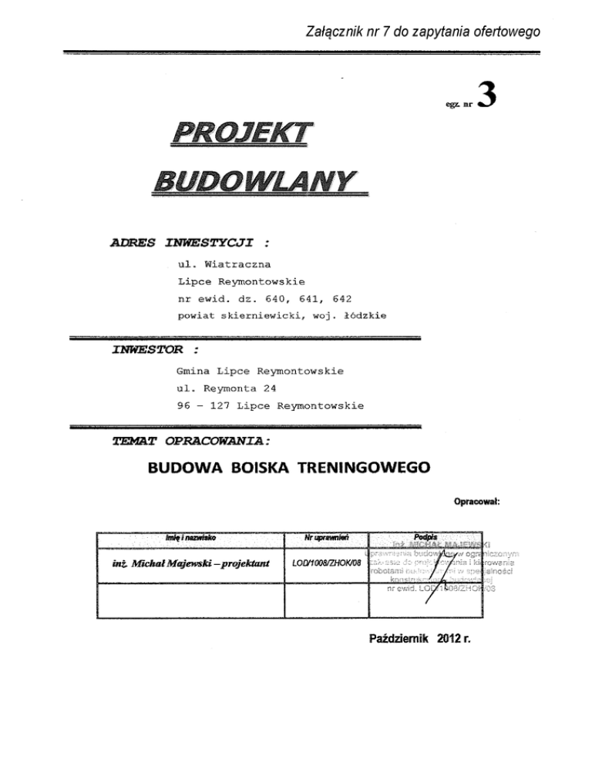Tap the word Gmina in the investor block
[193, 371]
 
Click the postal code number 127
[223, 405]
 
